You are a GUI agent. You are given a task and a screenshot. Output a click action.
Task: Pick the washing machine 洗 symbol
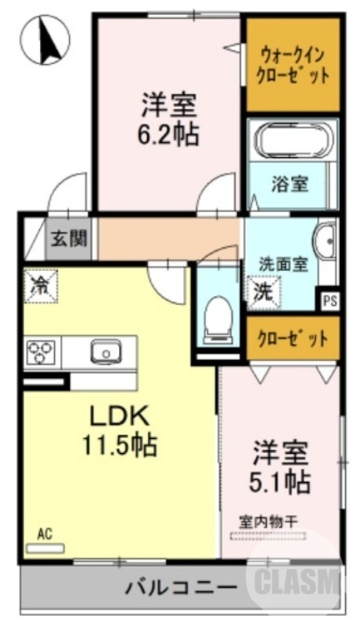[x=261, y=292]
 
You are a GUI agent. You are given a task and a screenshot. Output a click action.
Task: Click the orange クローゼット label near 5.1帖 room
[x=293, y=339]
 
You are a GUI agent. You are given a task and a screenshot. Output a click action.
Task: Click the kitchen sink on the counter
[x=105, y=351]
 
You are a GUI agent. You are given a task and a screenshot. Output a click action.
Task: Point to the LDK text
[x=117, y=416]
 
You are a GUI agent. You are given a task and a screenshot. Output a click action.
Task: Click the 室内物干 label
[x=268, y=520]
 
